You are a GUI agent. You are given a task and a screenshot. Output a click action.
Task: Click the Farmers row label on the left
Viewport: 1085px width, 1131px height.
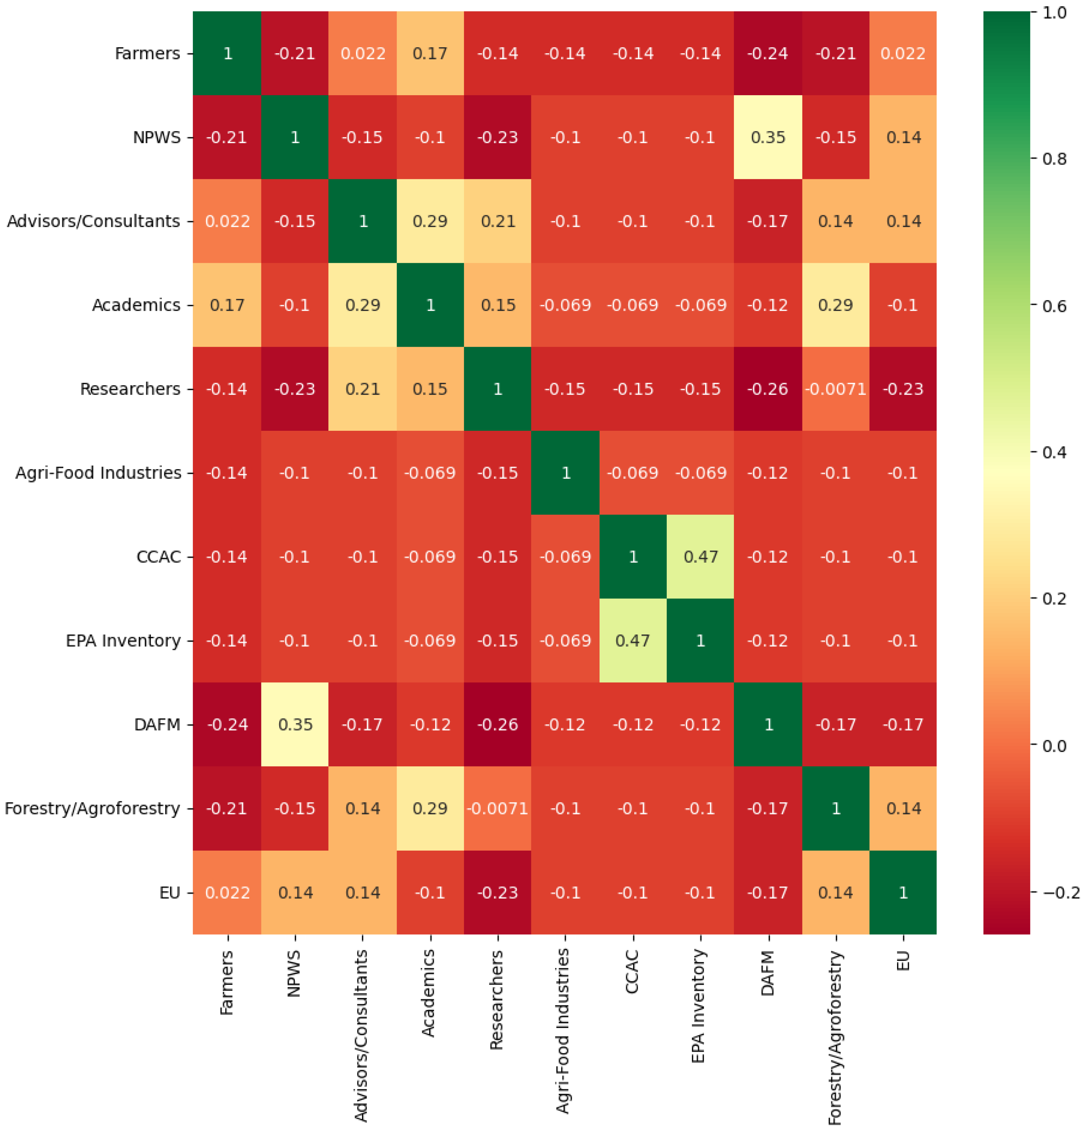point(147,54)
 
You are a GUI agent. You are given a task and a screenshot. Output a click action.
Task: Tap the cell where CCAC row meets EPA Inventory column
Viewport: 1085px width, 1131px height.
point(701,557)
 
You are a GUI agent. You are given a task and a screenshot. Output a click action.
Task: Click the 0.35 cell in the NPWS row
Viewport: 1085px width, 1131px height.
point(768,137)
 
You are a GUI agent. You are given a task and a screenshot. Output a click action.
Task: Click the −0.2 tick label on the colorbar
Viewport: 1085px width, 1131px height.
point(1061,893)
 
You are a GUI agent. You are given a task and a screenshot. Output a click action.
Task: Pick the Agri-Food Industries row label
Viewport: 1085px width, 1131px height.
point(98,473)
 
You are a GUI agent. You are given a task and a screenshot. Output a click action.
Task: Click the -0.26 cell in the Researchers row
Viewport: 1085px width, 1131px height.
point(768,389)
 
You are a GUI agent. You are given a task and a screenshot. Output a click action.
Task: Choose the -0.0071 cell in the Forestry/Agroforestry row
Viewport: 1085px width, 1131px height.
point(498,808)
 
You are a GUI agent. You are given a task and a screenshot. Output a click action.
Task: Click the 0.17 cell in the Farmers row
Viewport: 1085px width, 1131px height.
point(430,54)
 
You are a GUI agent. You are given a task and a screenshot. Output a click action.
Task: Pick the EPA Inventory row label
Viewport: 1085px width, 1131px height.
point(123,640)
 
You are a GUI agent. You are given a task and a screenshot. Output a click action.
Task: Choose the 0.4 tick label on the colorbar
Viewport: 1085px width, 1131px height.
point(1055,452)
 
